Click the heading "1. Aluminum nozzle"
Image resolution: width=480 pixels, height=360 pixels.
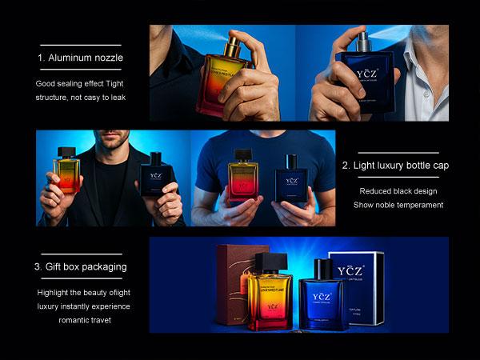[80, 58]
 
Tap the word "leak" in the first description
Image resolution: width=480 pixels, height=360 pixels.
[116, 97]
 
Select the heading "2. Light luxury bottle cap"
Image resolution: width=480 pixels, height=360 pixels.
[395, 166]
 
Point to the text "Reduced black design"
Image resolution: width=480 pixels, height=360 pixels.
[397, 191]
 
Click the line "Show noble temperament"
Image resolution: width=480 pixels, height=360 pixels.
[398, 205]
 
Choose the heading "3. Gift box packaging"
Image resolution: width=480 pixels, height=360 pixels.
[80, 266]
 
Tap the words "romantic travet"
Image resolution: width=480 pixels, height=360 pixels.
[83, 319]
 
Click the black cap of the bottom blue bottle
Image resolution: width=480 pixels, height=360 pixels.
[322, 269]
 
